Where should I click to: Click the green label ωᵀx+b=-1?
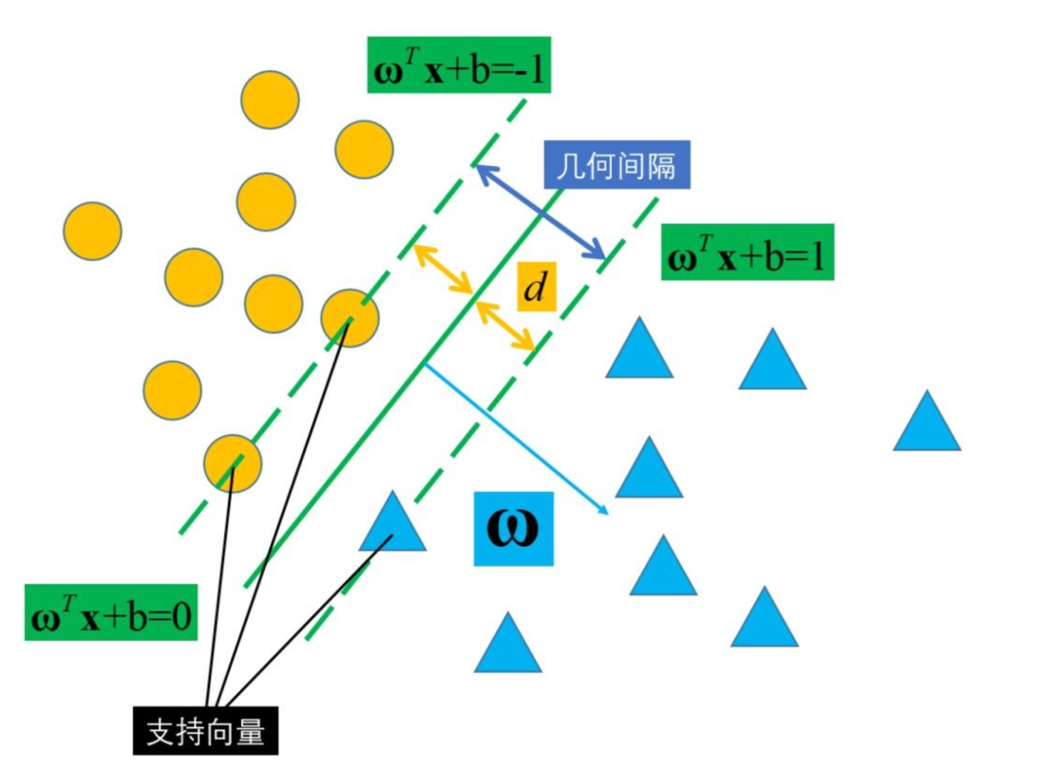click(x=459, y=65)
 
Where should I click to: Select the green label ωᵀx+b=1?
click(x=747, y=252)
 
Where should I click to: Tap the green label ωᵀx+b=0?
click(x=111, y=612)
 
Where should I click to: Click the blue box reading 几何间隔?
click(x=617, y=164)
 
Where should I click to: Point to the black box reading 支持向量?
click(x=206, y=730)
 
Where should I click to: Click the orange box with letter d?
click(x=536, y=286)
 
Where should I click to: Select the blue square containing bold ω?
click(x=513, y=528)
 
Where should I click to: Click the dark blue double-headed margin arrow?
click(x=541, y=213)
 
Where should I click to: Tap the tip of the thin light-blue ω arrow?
click(x=606, y=512)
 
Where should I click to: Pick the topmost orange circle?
click(x=270, y=100)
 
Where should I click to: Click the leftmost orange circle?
click(x=92, y=231)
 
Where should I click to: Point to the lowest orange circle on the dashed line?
click(x=233, y=463)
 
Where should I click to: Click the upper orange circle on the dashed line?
click(x=350, y=318)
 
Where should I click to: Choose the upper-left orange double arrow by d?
click(x=443, y=269)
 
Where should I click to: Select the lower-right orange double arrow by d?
click(x=506, y=326)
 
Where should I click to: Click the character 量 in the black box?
click(x=251, y=731)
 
